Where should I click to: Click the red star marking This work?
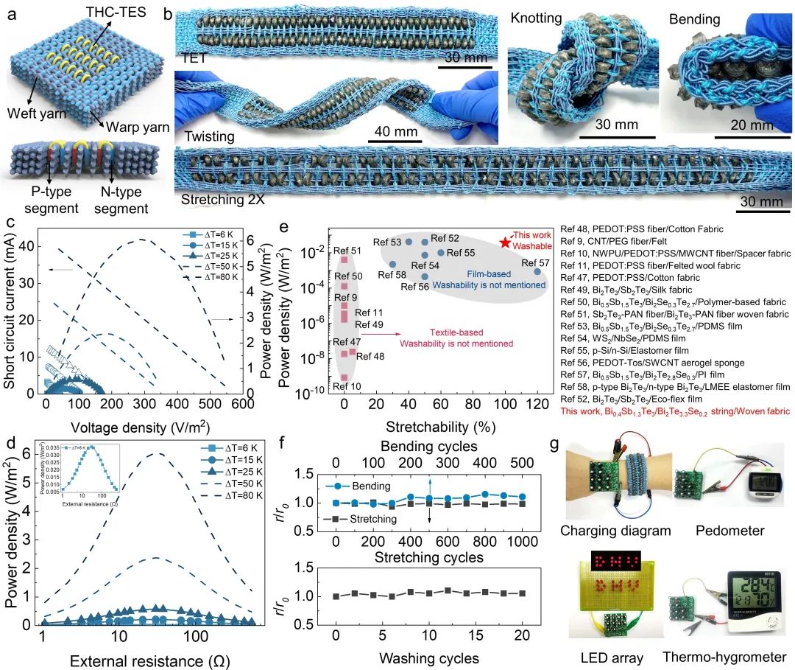pos(505,242)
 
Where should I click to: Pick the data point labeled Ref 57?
pos(537,271)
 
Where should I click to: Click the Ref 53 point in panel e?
pos(409,242)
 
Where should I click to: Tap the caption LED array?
pos(606,657)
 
